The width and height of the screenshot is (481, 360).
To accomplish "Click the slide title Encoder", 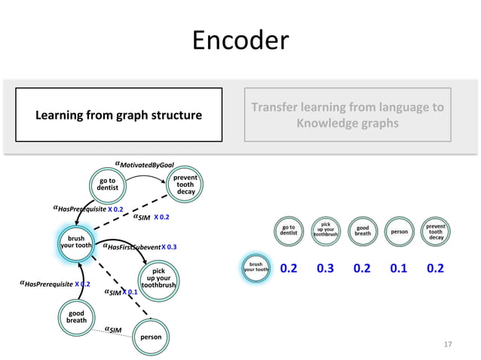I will (x=240, y=40).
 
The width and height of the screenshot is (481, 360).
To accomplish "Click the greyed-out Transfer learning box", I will (x=347, y=114).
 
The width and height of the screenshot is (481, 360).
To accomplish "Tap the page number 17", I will (x=448, y=344).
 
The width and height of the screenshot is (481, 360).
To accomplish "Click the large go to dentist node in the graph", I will (x=107, y=185).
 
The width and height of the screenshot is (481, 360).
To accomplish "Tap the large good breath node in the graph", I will (x=75, y=316).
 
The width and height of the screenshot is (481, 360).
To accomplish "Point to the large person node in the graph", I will (x=151, y=337).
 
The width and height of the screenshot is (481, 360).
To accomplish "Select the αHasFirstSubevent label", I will (x=132, y=246).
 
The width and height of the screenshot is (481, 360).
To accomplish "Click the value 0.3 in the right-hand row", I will (x=326, y=269).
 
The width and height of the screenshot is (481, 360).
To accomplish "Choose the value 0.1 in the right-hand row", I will (x=400, y=269).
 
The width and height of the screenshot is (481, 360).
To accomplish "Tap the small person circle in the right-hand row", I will (x=400, y=232).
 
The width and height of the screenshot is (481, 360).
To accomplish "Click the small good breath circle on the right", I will (x=363, y=232).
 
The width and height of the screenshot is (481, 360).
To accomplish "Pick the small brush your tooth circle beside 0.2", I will (x=256, y=269).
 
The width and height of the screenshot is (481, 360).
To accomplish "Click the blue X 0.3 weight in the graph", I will (x=169, y=246).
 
